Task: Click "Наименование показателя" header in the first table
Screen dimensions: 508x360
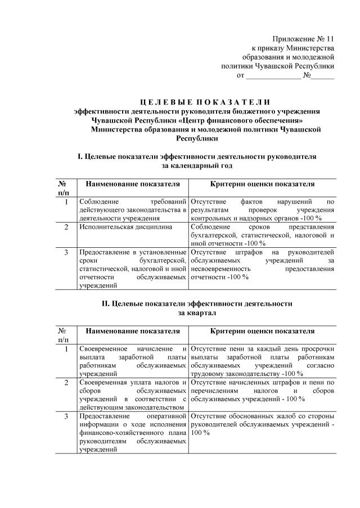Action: [x=133, y=184]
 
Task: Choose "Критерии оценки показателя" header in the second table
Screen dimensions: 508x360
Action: [x=262, y=331]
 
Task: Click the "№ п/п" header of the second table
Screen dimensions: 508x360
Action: [x=63, y=335]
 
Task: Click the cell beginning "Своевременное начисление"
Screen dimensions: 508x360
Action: [x=133, y=361]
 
